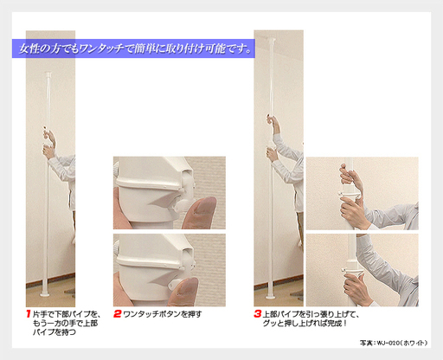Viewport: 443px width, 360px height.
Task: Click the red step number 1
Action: point(29,313)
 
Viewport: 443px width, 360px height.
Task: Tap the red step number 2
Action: point(117,313)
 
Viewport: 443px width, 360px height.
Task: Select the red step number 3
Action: point(258,313)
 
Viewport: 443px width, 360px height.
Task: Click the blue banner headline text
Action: point(135,48)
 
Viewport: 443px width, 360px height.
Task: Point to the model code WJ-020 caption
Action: point(394,343)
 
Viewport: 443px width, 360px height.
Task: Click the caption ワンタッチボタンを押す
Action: point(163,314)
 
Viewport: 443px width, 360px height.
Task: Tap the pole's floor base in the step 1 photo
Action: point(45,294)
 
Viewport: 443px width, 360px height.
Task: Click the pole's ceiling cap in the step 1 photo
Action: point(48,74)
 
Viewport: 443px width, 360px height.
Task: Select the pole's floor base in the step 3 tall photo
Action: point(271,296)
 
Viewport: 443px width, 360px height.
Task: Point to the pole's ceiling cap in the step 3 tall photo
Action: point(272,40)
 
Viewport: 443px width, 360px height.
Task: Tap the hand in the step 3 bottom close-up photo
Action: point(357,289)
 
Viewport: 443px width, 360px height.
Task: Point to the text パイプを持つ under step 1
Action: point(55,332)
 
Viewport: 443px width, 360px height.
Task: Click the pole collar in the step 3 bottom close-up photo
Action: point(352,271)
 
